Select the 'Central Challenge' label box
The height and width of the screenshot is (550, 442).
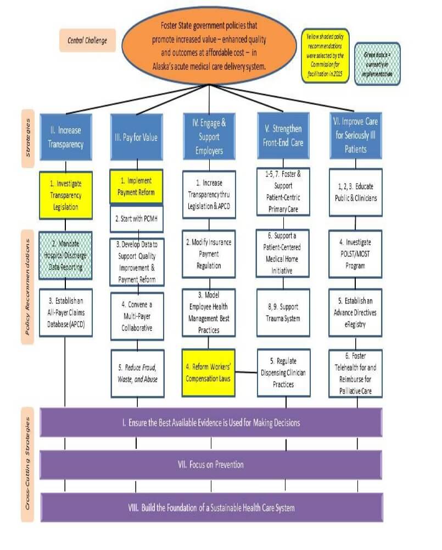tap(87, 41)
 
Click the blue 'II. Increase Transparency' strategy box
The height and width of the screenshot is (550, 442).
tap(66, 137)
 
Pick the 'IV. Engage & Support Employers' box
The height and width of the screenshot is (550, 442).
tap(208, 137)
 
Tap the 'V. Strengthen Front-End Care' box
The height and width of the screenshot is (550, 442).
tap(283, 137)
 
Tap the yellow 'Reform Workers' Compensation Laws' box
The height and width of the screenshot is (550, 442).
tap(208, 372)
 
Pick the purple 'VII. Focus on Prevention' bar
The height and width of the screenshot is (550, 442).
tap(211, 465)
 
